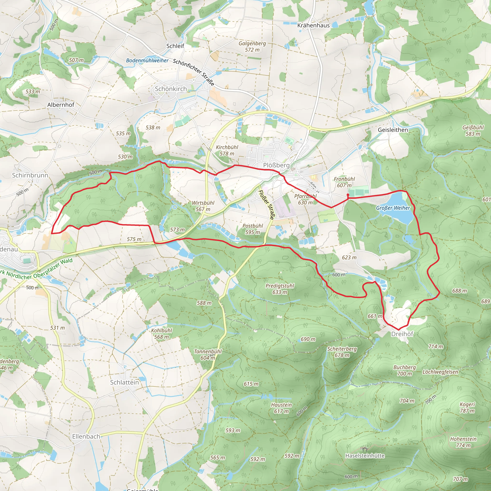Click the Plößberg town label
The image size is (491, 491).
pos(276,165)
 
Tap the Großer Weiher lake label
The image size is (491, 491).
pos(393,208)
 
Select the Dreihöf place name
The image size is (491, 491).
pos(402,334)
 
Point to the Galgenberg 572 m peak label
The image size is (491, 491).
pos(252,47)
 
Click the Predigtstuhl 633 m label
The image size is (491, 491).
pos(280,289)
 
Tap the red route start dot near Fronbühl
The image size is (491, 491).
pos(348,195)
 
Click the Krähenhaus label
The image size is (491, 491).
pos(313,25)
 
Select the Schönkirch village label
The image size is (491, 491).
pos(171,89)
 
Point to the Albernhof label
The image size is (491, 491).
pos(61,105)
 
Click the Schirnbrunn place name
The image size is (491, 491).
pos(30,175)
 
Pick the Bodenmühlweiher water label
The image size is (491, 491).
pos(147,60)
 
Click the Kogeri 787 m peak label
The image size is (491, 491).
pos(467,407)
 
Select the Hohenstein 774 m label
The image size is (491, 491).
pos(463,442)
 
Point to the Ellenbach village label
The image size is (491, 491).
pos(86,437)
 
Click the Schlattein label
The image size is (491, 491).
pos(124,382)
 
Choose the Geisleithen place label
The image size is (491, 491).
pos(393,130)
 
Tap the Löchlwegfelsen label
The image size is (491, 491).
pos(440,372)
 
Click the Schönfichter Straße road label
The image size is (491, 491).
pos(194,72)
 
